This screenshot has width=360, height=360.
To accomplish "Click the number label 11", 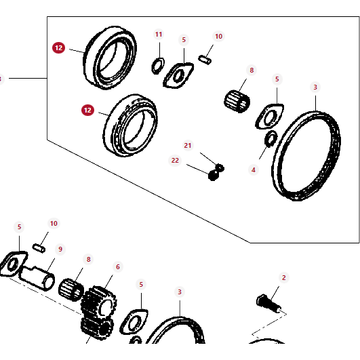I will (159, 35).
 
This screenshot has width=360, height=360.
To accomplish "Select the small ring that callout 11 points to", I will (157, 65).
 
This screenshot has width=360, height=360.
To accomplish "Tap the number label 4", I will (254, 169).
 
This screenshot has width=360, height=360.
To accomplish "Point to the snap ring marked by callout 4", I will (269, 140).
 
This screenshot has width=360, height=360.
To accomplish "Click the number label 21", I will (188, 146).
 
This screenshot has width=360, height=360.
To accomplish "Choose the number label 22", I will (175, 160).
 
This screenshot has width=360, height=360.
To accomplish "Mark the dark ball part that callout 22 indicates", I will (213, 175).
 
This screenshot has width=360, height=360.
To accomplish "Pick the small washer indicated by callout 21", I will (220, 166).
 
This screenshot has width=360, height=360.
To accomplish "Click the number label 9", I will (60, 249).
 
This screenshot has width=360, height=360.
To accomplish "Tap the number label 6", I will (117, 266).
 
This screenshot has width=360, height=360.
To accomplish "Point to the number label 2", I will (284, 277).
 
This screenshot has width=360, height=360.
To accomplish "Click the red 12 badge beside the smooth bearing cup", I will (59, 48).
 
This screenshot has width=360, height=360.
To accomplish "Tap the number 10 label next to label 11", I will (218, 37).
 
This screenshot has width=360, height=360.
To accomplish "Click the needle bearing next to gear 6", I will (71, 293).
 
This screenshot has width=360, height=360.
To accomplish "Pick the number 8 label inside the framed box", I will (252, 70).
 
